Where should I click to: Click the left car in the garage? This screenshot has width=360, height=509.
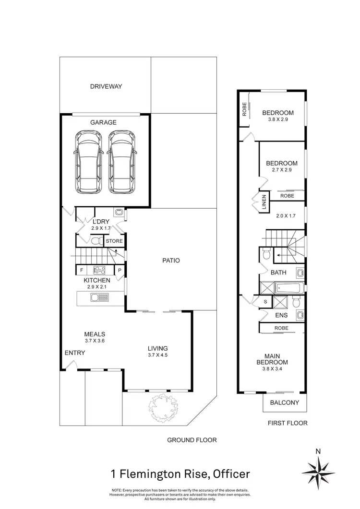pyautogui.click(x=88, y=162)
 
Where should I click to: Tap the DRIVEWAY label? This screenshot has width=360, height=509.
pyautogui.click(x=106, y=87)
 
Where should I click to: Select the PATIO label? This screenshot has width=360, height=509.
pyautogui.click(x=170, y=260)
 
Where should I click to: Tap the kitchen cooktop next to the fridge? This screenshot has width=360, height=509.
pyautogui.click(x=99, y=270)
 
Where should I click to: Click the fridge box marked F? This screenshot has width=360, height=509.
pyautogui.click(x=82, y=270)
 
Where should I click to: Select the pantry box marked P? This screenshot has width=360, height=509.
pyautogui.click(x=120, y=270)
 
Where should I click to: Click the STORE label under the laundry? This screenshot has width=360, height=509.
pyautogui.click(x=114, y=241)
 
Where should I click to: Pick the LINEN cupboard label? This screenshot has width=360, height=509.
pyautogui.click(x=264, y=202)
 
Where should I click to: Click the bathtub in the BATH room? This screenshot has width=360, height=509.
pyautogui.click(x=288, y=288)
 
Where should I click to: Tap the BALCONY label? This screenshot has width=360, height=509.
pyautogui.click(x=285, y=402)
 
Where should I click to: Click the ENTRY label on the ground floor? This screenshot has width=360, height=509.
pyautogui.click(x=75, y=353)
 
